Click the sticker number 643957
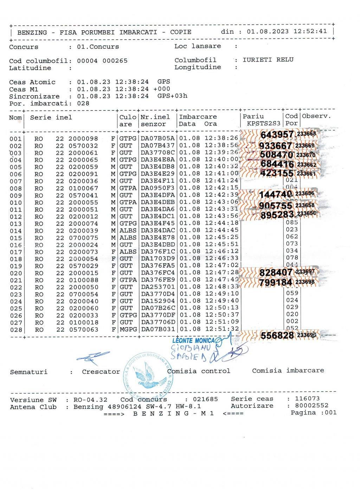[x=277, y=135]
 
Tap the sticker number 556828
[x=277, y=335]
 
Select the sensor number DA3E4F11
[x=157, y=181]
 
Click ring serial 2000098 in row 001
[x=83, y=139]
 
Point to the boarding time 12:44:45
[x=222, y=230]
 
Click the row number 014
[x=16, y=231]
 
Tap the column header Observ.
[x=316, y=116]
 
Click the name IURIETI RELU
[x=268, y=60]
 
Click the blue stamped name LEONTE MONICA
[x=193, y=340]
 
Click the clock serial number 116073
[x=307, y=399]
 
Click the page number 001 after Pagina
[x=331, y=412]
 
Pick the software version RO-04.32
[x=90, y=400]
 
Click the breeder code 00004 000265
[x=102, y=61]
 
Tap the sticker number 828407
[x=276, y=272]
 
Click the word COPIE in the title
[x=181, y=32]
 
